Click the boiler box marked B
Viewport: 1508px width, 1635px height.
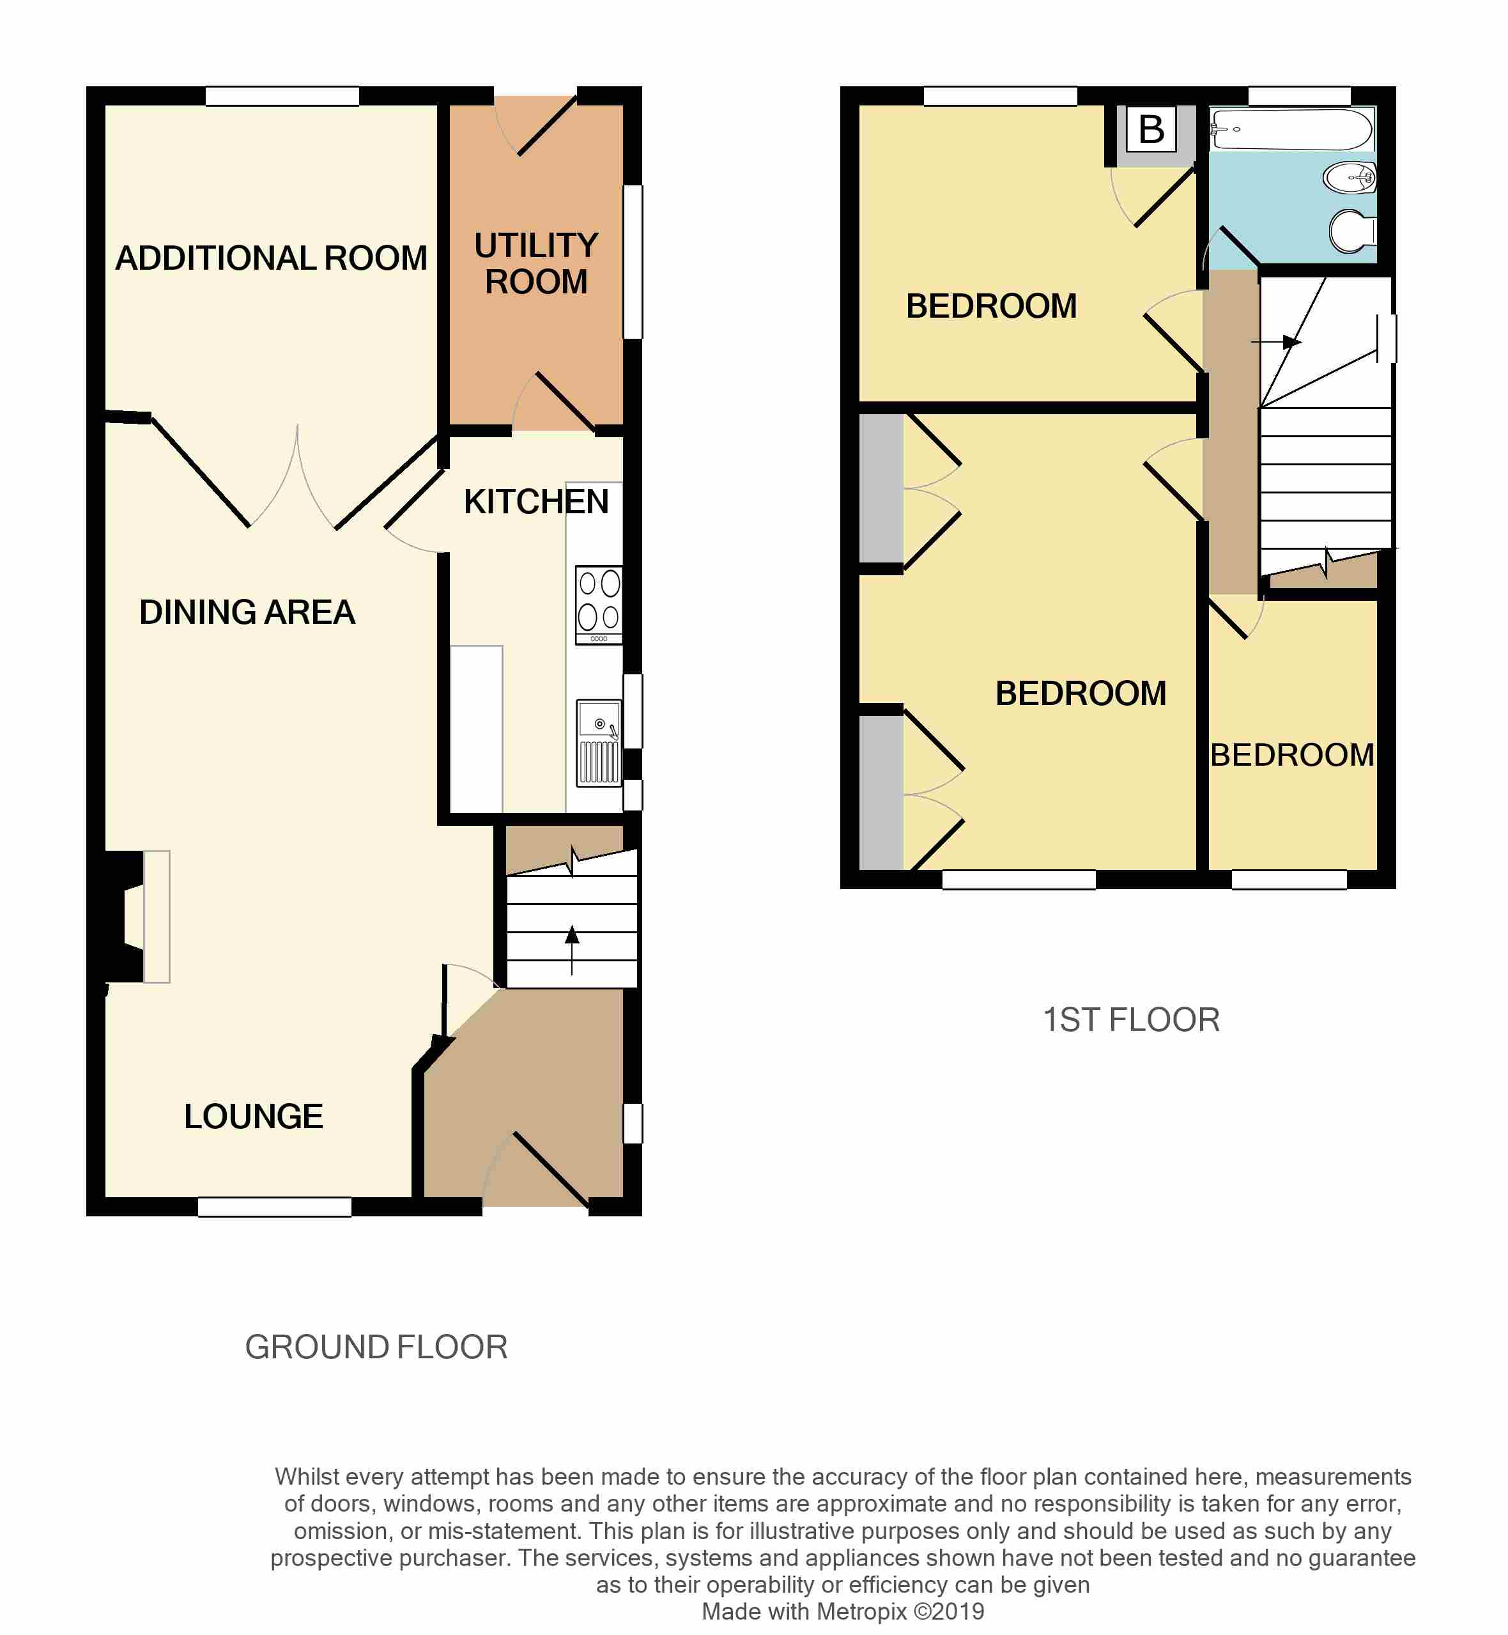[x=1151, y=129]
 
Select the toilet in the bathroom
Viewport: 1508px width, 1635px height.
[x=1352, y=231]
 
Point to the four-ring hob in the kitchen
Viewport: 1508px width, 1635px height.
[x=598, y=604]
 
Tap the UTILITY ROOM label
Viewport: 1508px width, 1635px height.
[x=536, y=263]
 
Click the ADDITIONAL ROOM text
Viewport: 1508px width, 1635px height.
[x=271, y=258]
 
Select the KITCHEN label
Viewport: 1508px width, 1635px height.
[x=536, y=501]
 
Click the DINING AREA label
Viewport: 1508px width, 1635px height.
[x=247, y=612]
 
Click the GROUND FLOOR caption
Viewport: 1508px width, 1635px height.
[x=376, y=1347]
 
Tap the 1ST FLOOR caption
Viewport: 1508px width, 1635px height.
[x=1131, y=1019]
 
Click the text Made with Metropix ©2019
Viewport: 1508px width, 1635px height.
[x=842, y=1611]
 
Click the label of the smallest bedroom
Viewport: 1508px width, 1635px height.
[x=1292, y=755]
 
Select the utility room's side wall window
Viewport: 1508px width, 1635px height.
[x=633, y=261]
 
